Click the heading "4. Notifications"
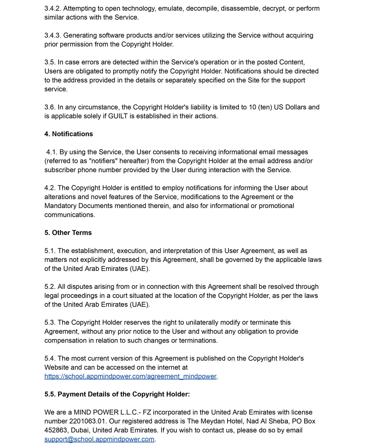(68, 134)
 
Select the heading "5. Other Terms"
(68, 233)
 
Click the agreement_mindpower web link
(131, 376)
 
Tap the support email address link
(99, 439)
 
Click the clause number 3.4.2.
(53, 8)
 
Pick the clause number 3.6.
(50, 107)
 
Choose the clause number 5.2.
(50, 287)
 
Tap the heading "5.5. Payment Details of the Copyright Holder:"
(117, 394)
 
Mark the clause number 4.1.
(52, 152)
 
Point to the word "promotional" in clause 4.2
(276, 206)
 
